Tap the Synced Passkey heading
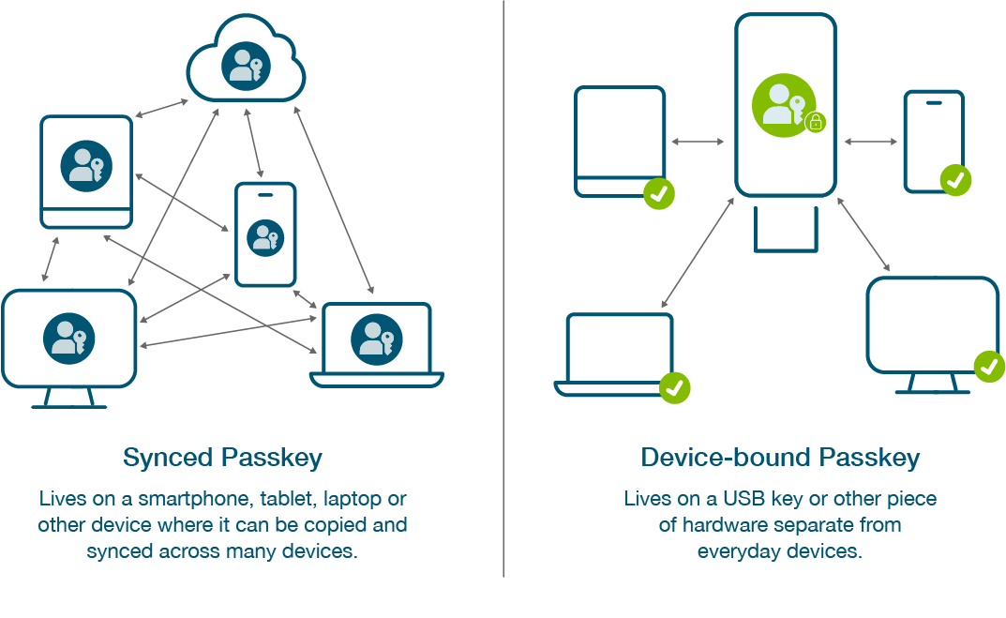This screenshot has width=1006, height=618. click(x=222, y=458)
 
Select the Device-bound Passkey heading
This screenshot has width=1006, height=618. click(x=779, y=458)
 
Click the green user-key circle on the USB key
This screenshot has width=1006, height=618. click(x=784, y=105)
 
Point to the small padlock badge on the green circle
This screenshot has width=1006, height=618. click(x=816, y=122)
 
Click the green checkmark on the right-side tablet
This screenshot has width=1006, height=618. click(x=659, y=193)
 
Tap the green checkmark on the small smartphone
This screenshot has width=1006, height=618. click(x=955, y=179)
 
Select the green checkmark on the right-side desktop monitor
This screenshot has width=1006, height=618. click(x=989, y=366)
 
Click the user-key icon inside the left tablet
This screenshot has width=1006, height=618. click(x=86, y=165)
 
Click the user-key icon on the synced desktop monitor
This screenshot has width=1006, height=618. click(x=68, y=339)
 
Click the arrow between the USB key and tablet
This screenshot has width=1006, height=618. click(x=698, y=142)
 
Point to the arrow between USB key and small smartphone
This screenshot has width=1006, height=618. click(x=870, y=142)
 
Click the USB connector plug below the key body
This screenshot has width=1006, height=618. click(x=786, y=230)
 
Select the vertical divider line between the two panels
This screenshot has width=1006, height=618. click(x=503, y=281)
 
